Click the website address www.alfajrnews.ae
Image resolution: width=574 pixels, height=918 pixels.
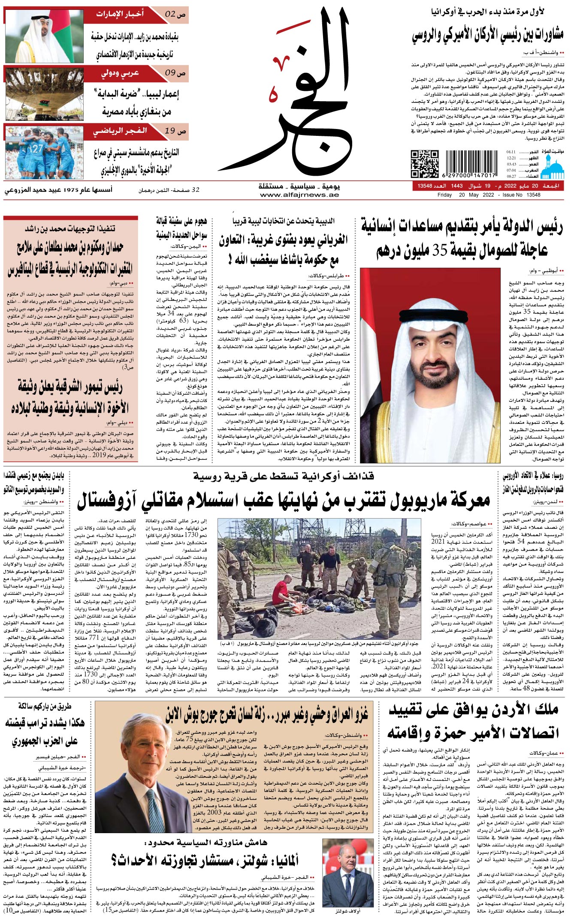tap(299, 195)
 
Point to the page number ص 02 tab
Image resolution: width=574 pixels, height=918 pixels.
tap(175, 15)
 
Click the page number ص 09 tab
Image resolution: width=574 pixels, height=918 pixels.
tap(175, 73)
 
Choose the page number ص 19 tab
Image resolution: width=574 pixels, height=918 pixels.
tap(175, 131)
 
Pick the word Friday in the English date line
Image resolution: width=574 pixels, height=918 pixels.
tap(444, 195)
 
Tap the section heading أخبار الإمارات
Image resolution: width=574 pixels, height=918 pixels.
tap(120, 14)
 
